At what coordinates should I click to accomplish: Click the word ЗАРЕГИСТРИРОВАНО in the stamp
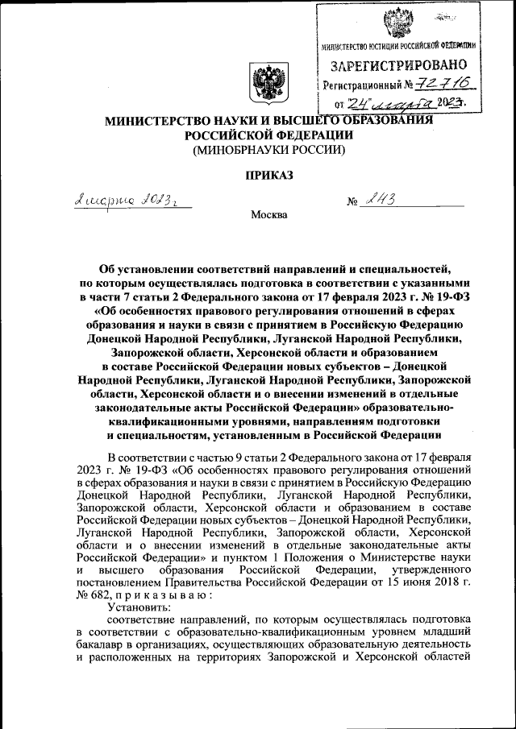(x=398, y=64)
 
